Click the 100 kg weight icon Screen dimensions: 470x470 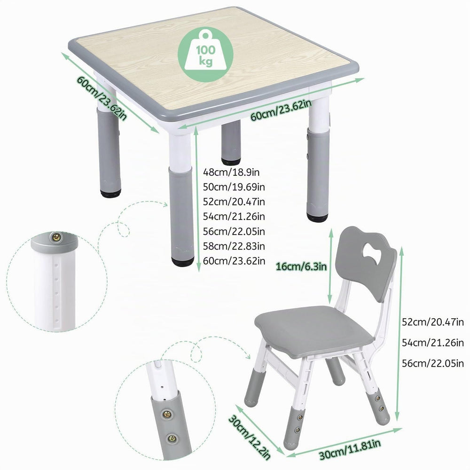point(205,54)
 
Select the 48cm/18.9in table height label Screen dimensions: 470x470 point(231,172)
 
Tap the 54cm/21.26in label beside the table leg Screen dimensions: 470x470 point(234,216)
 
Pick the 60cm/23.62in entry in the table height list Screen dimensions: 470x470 point(234,261)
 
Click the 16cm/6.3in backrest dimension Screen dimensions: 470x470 point(301,266)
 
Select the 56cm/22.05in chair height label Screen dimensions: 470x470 point(433,363)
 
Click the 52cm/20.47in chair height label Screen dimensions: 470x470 point(433,322)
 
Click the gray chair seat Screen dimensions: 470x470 point(313,330)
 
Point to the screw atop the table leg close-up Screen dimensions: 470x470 point(56,237)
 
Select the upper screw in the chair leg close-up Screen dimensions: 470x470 point(167,415)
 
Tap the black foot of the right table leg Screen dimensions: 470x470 point(317,217)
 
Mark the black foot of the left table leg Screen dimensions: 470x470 point(110,193)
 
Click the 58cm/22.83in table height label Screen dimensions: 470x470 point(234,246)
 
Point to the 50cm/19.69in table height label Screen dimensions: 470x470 point(234,187)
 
